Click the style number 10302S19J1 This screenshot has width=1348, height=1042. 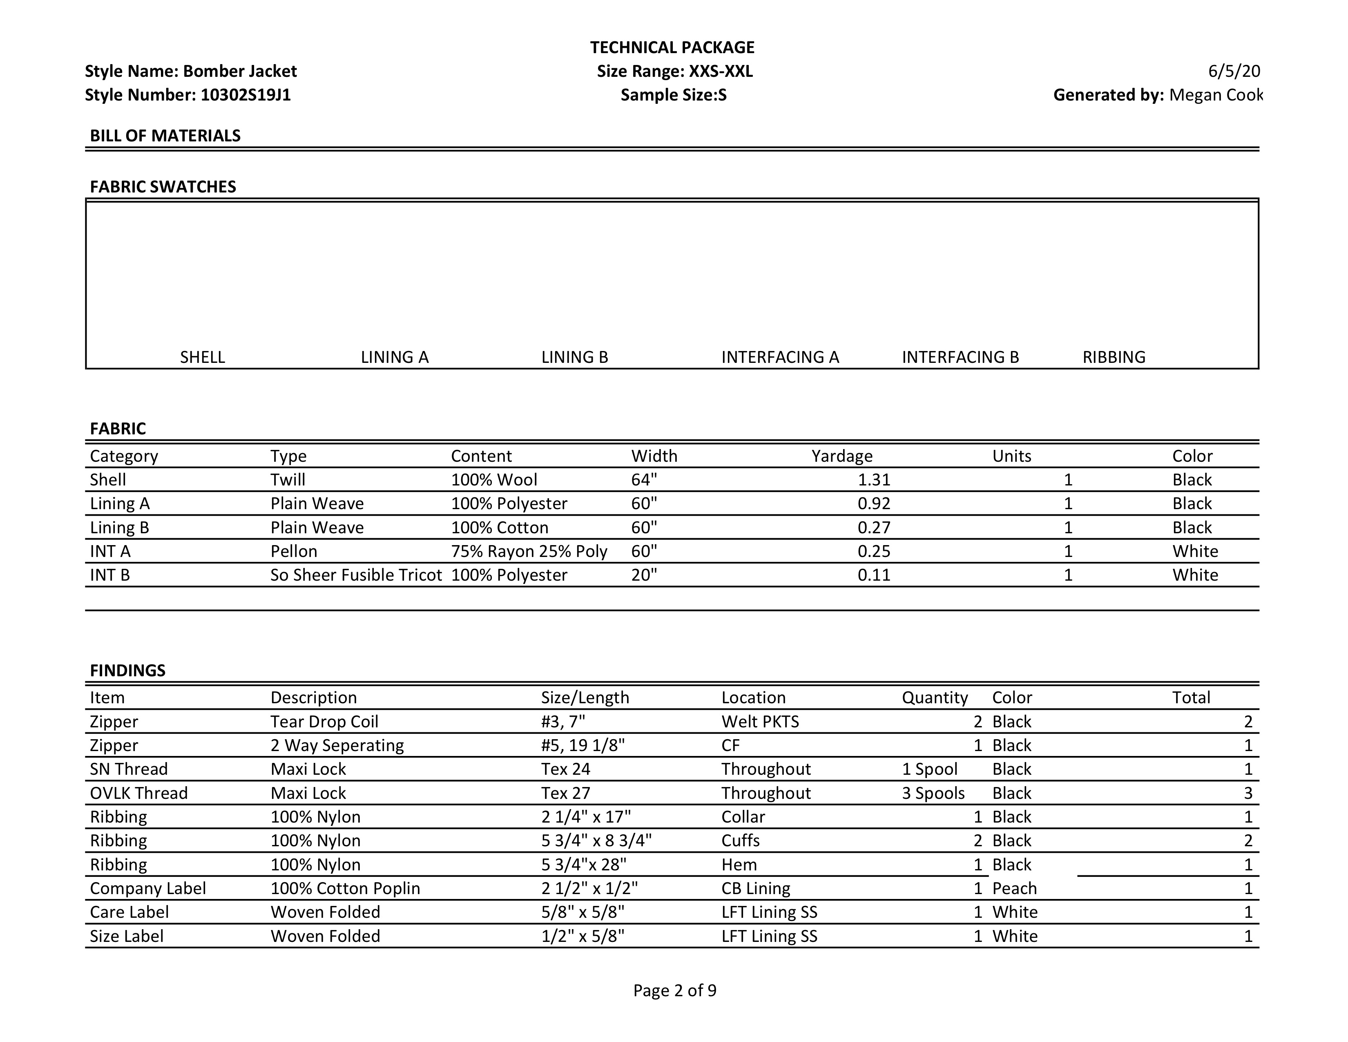coord(245,95)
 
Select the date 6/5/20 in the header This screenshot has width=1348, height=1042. coord(1234,72)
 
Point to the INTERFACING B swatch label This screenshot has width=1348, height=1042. coord(960,358)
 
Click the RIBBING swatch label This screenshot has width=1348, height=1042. coord(1114,358)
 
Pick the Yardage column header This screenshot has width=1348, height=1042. coord(842,456)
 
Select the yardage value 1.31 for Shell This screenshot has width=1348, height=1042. coord(874,480)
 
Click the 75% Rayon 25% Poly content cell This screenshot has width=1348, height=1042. coord(529,551)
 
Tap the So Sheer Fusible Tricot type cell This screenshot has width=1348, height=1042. coord(356,575)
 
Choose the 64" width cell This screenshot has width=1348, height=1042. coord(644,480)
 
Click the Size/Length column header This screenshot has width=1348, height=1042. coord(585,698)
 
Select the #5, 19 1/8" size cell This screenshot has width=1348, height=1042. coord(582,746)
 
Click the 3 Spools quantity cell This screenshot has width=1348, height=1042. coord(933,793)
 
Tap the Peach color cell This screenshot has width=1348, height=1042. coord(1015,888)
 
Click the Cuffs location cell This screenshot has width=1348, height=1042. coord(741,841)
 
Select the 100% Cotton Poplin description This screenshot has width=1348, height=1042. coord(345,888)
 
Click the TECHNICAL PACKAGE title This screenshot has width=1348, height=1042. coord(672,47)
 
